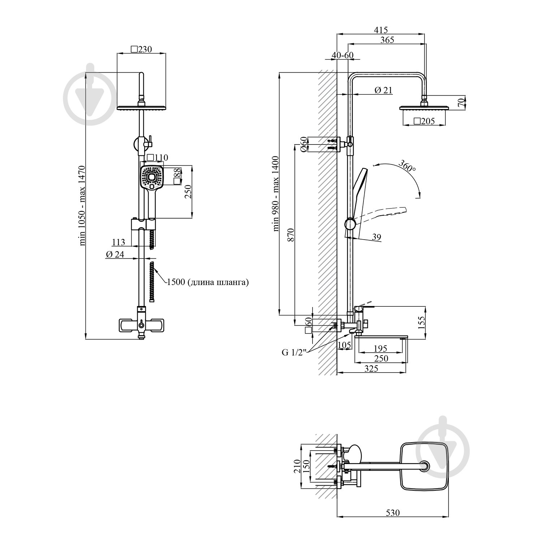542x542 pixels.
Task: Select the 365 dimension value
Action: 387,40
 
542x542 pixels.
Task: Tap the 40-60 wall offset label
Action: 343,55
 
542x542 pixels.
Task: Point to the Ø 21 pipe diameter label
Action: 383,90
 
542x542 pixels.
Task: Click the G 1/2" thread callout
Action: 294,353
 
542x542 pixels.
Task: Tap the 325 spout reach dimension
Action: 371,368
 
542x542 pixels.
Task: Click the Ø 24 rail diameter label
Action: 115,254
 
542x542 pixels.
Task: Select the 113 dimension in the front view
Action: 119,242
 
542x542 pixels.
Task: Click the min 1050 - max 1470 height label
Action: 82,205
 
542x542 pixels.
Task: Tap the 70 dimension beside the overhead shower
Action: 460,102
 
